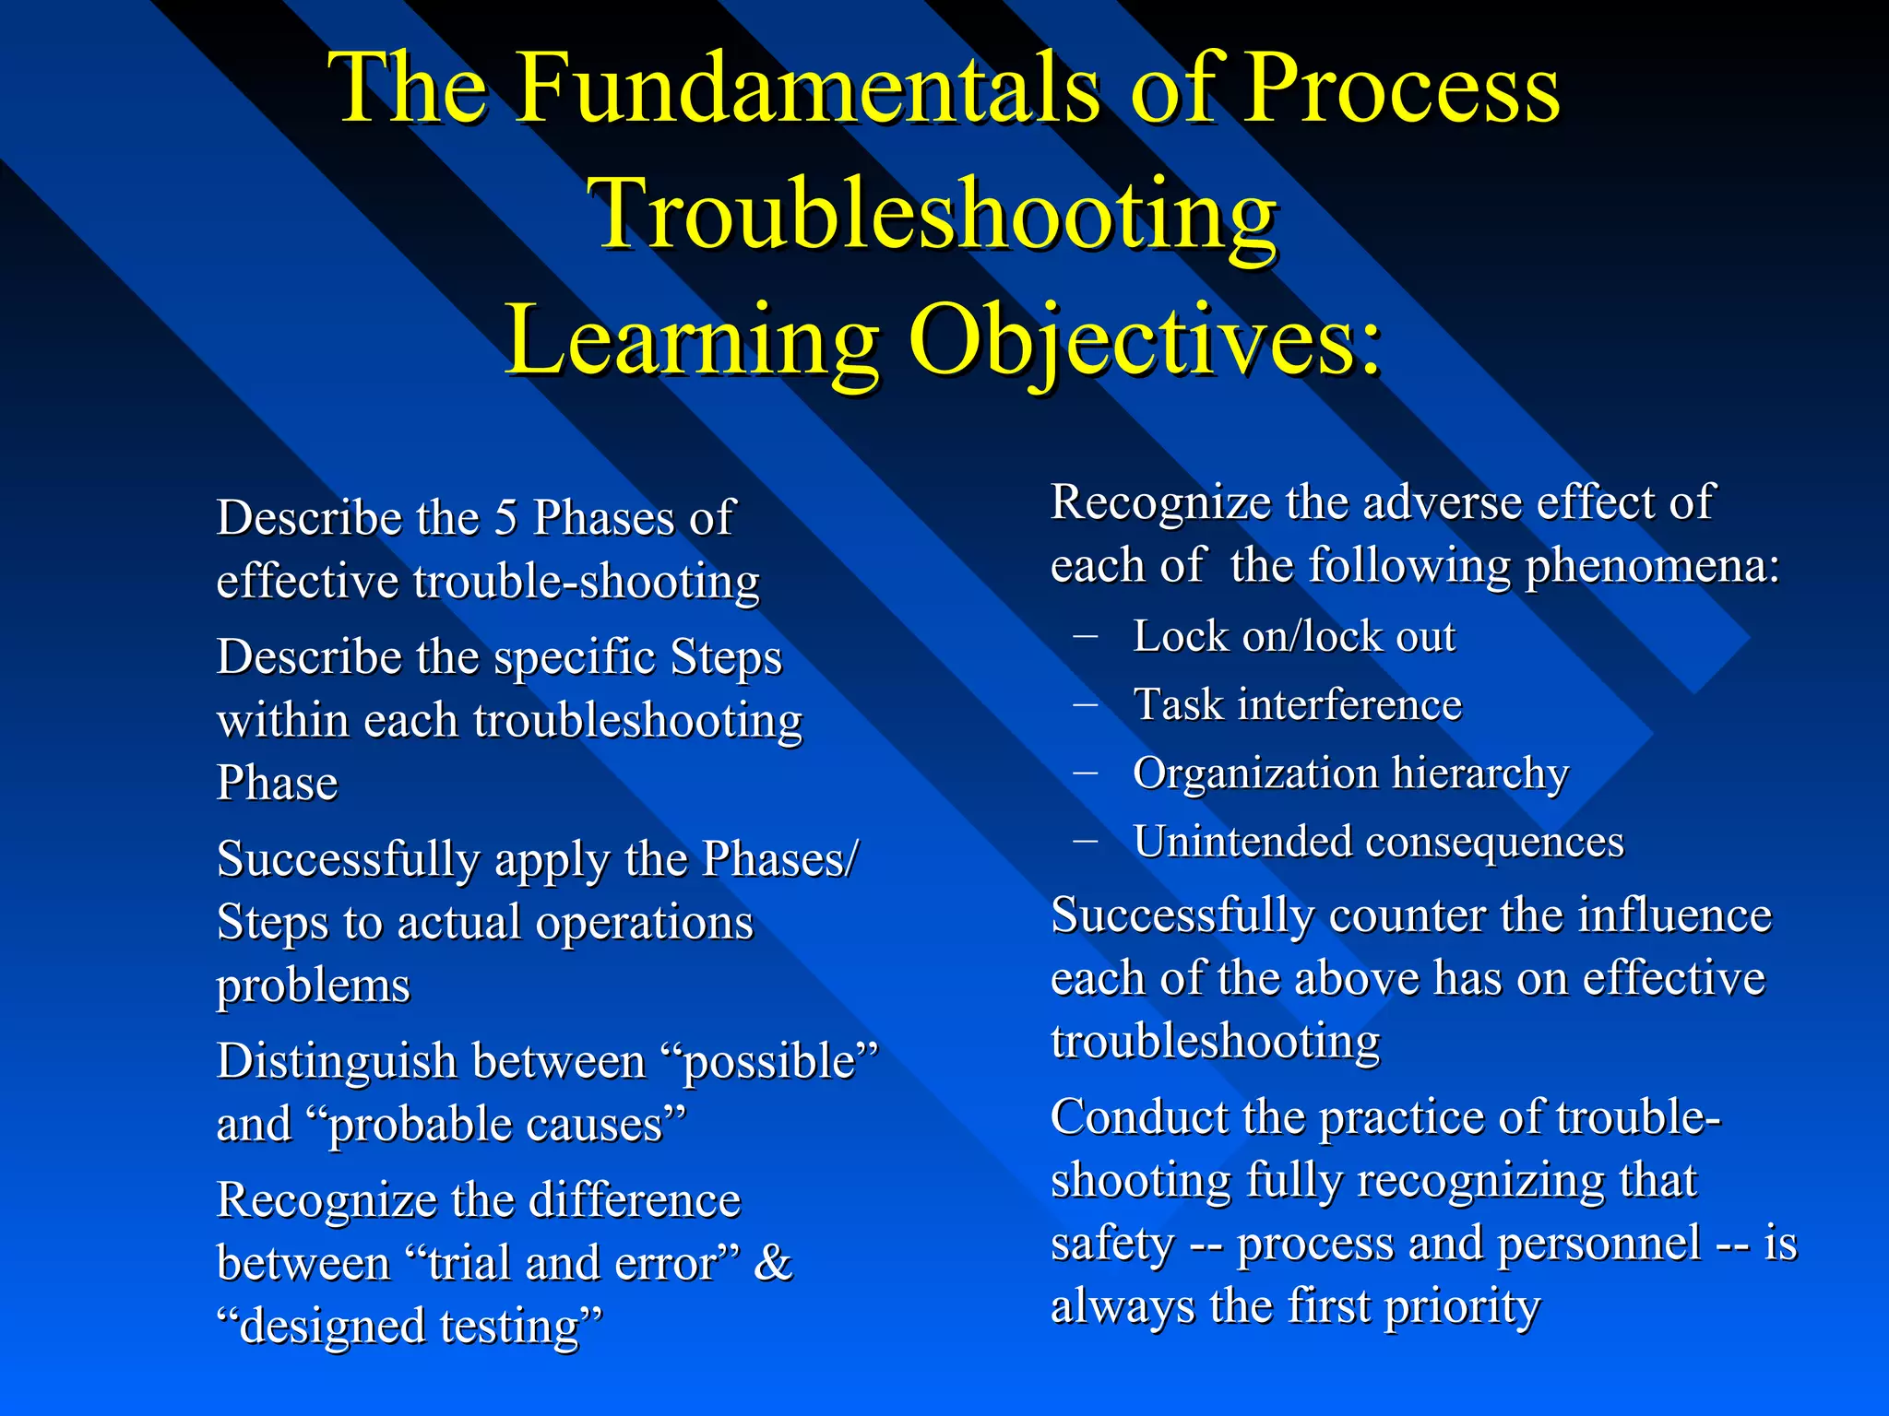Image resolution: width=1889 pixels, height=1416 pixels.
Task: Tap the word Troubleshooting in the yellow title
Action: [936, 214]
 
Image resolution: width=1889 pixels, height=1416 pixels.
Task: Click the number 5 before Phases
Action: [505, 518]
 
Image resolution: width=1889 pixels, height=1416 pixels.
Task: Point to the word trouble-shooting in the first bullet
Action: [587, 583]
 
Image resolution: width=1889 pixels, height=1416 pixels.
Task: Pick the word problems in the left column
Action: [313, 985]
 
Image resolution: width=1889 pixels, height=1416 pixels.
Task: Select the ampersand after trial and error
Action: [773, 1263]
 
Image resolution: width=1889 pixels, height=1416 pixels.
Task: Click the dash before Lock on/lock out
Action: [1086, 635]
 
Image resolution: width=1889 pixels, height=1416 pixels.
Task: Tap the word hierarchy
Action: [1479, 773]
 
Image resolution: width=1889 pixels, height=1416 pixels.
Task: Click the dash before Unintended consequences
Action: [1086, 840]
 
